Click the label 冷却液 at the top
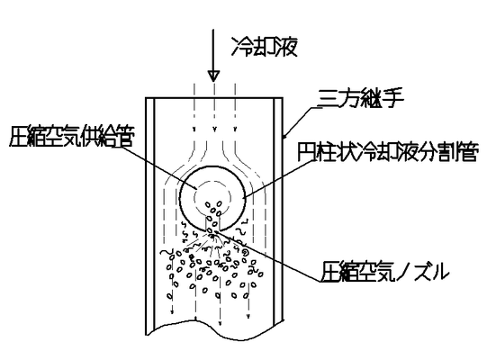[x=265, y=47]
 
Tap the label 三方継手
[x=361, y=98]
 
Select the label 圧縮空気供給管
[x=72, y=137]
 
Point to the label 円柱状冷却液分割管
[x=387, y=152]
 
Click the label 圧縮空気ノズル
[x=384, y=272]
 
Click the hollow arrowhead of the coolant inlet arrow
[x=213, y=76]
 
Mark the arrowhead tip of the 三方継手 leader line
[x=284, y=138]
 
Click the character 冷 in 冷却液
[x=241, y=47]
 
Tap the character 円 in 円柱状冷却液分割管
[x=307, y=152]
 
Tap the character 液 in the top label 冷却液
[x=286, y=47]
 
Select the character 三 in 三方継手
[x=327, y=98]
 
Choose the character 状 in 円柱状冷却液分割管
[x=347, y=152]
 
